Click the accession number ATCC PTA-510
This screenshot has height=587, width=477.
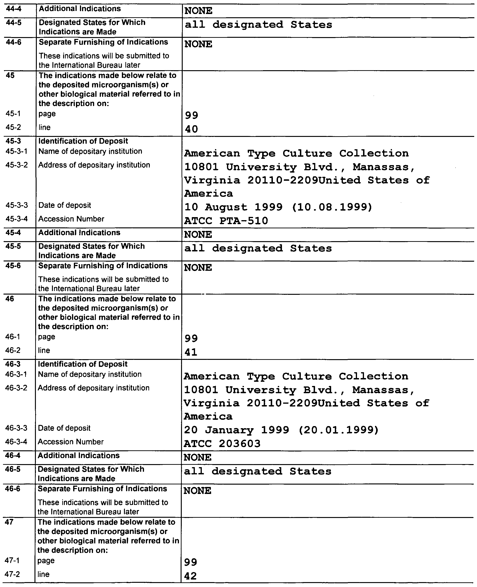(x=226, y=221)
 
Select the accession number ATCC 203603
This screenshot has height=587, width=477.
(x=222, y=444)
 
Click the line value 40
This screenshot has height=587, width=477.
(x=191, y=129)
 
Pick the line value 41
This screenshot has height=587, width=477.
(x=191, y=352)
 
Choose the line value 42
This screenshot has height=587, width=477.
(x=190, y=576)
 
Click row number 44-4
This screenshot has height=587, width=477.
(x=14, y=9)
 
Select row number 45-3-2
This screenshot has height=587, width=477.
(x=17, y=165)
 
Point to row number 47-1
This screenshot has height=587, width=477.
(x=12, y=560)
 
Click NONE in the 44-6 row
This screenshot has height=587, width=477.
(x=198, y=44)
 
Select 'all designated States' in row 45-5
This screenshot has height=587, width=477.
(x=258, y=248)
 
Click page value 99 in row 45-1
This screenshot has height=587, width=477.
(x=191, y=115)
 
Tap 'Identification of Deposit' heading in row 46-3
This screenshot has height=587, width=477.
(x=82, y=364)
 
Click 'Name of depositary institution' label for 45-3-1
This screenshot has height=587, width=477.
(x=90, y=151)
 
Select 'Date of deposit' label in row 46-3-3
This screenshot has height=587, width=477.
(x=64, y=428)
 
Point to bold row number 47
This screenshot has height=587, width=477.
(x=9, y=522)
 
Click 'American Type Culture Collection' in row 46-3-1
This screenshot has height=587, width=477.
(x=296, y=376)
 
